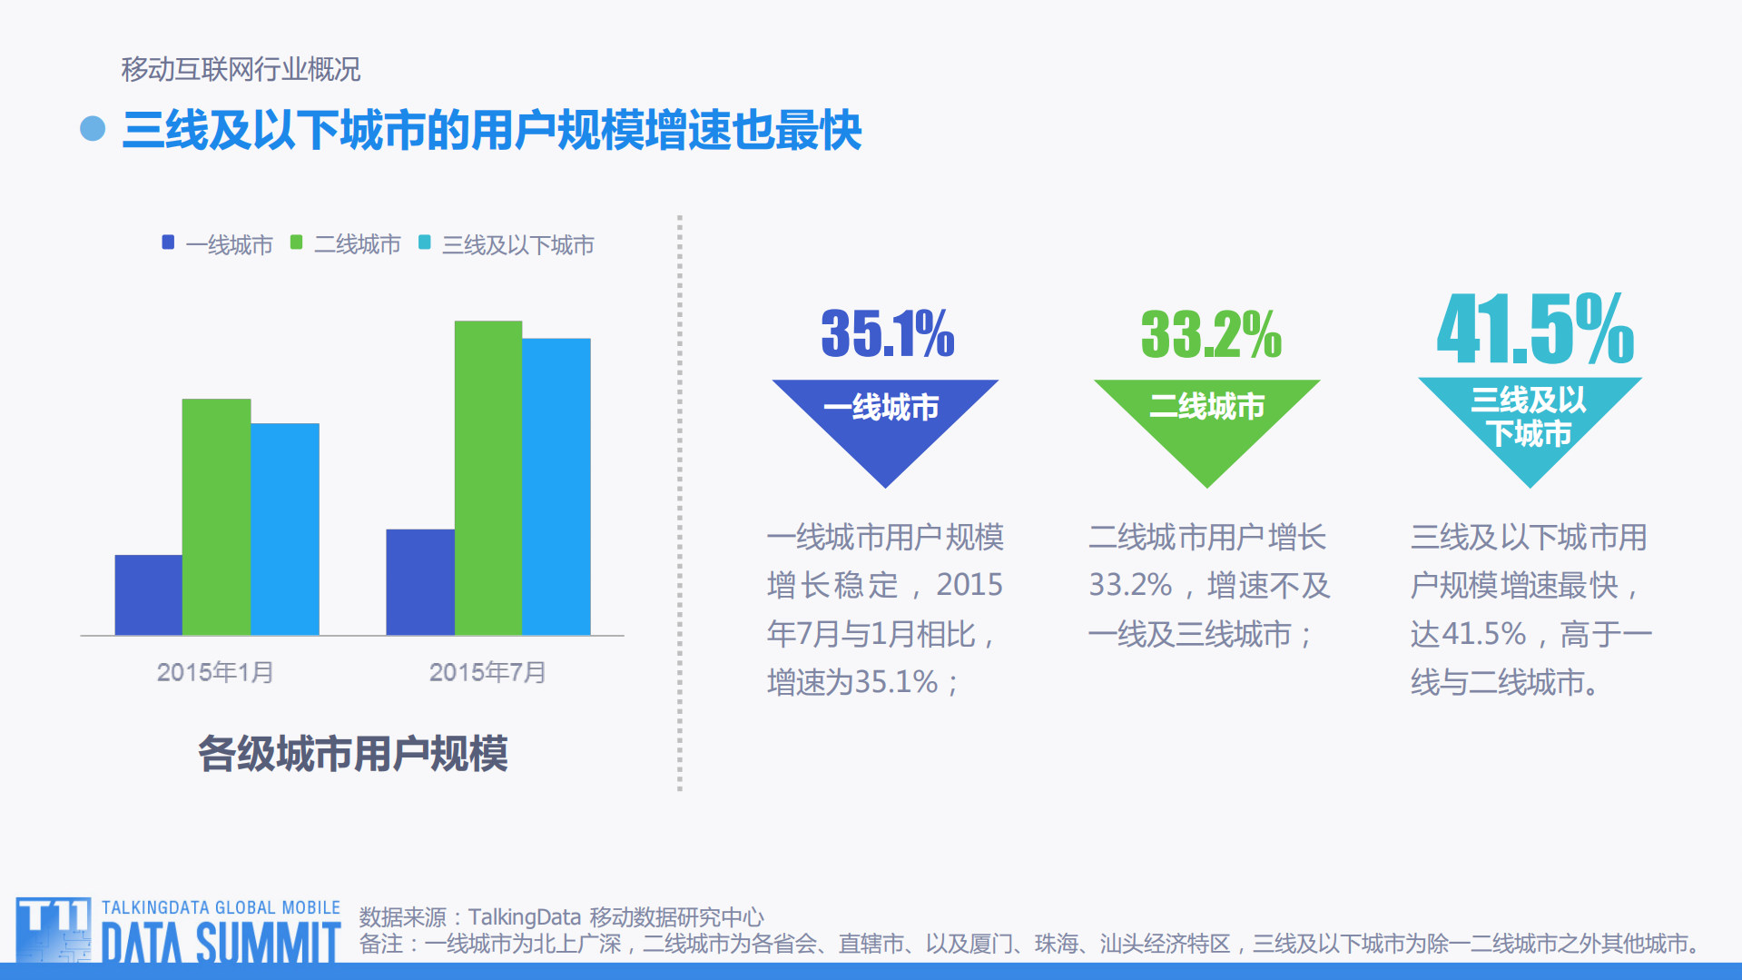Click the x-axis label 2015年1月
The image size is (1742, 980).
pos(215,672)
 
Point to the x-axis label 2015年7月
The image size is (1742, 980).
pos(487,672)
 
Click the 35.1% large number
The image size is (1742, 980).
pos(887,333)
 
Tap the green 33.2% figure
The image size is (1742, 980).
pos(1210,334)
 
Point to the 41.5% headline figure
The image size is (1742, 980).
pos(1534,329)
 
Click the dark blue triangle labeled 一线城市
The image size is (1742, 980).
pos(884,422)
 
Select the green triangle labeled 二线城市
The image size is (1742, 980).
pos(1206,422)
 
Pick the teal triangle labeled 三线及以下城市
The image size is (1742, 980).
pos(1530,422)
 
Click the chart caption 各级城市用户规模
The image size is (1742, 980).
pos(352,754)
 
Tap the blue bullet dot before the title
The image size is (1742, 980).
pos(93,129)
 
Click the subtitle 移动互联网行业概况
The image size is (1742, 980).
pos(241,69)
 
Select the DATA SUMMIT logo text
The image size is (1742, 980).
pos(221,943)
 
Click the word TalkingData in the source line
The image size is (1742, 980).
pos(524,917)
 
